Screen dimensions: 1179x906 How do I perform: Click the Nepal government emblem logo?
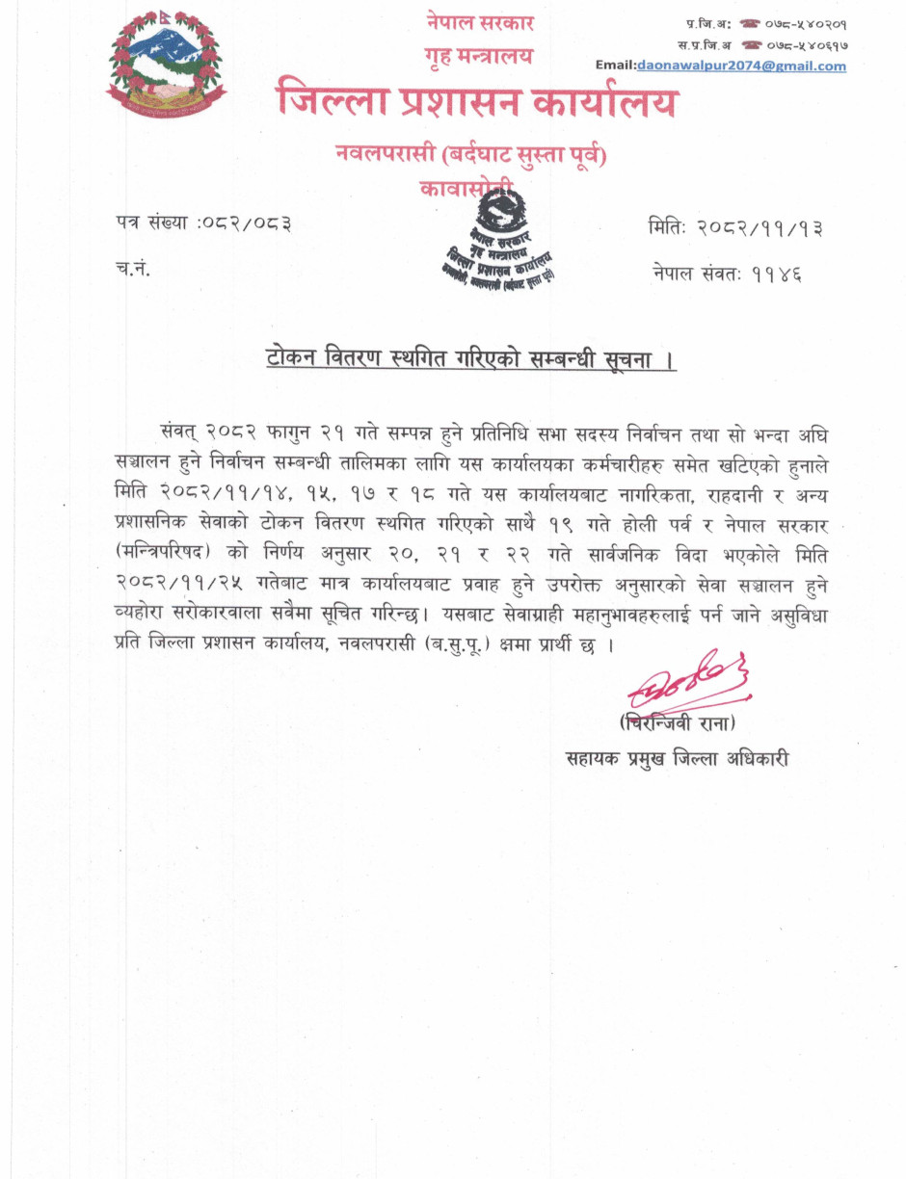point(165,65)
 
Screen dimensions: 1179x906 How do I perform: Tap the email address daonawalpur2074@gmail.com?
point(741,65)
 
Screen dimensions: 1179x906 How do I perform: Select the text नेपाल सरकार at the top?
point(480,22)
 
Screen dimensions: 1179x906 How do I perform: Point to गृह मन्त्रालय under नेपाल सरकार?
point(478,56)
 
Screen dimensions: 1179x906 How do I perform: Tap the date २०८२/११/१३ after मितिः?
point(761,228)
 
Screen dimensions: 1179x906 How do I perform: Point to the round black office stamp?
point(493,241)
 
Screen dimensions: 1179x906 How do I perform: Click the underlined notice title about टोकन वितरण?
point(470,360)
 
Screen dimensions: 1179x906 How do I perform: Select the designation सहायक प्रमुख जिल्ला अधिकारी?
point(679,757)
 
